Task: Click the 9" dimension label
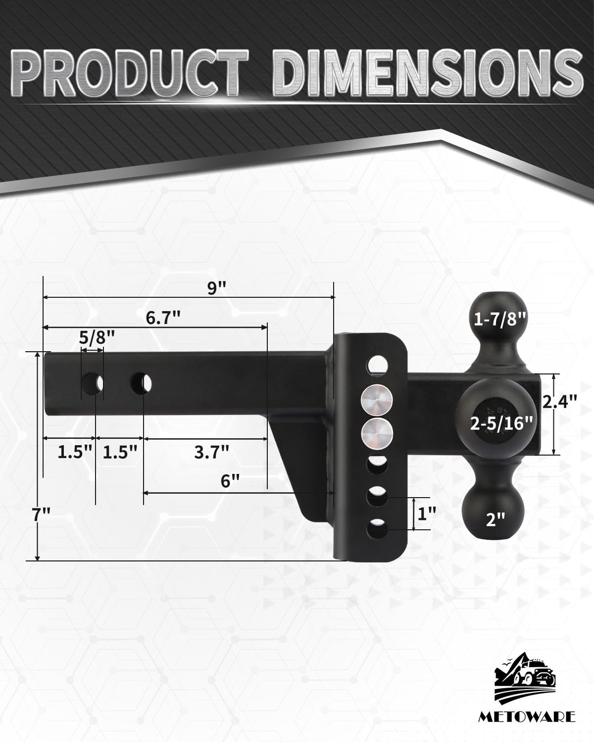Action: click(213, 288)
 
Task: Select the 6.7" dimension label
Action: click(162, 318)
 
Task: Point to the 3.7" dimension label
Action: click(211, 452)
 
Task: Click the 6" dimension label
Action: click(230, 481)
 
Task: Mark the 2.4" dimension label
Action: click(559, 401)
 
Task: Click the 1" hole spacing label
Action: click(427, 515)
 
